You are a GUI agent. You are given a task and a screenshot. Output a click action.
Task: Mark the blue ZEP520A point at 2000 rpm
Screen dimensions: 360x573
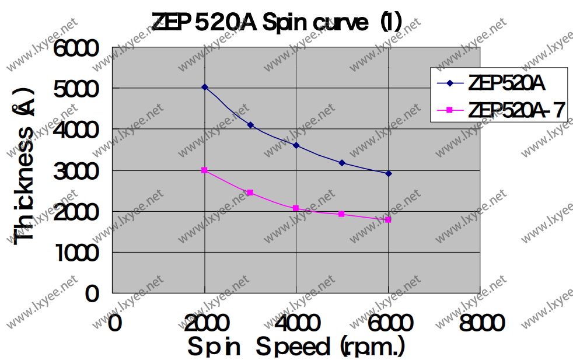click(205, 87)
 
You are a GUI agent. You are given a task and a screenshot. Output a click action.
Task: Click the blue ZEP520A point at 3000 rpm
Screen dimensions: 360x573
click(250, 125)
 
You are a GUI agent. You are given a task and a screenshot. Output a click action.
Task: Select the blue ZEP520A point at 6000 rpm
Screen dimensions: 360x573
click(389, 173)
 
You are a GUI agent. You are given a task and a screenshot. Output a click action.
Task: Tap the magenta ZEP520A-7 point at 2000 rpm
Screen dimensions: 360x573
click(205, 170)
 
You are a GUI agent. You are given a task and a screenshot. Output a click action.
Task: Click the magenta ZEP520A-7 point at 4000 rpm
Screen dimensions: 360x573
click(296, 208)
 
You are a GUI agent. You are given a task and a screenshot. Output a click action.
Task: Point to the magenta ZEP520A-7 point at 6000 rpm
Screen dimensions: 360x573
click(389, 219)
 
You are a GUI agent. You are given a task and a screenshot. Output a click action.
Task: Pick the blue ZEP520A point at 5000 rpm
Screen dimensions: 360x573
click(343, 163)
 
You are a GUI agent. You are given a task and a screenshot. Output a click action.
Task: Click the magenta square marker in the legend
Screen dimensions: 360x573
click(450, 109)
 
